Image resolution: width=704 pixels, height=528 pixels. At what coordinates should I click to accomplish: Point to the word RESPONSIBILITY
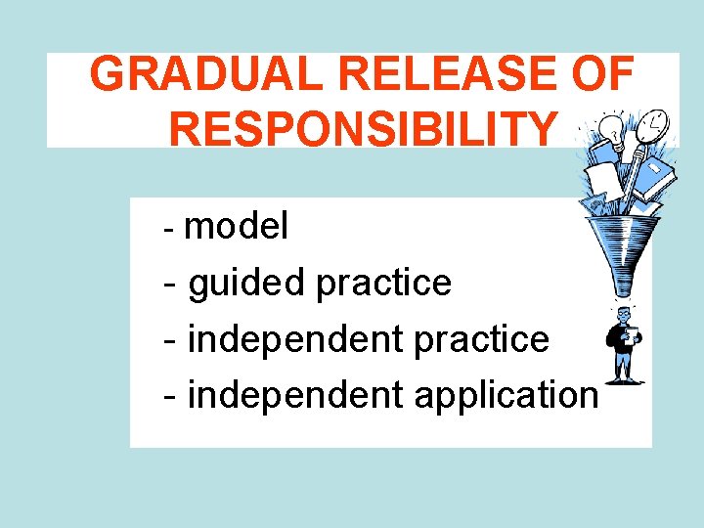tap(363, 127)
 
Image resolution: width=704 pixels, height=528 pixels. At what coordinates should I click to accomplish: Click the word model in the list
tap(236, 227)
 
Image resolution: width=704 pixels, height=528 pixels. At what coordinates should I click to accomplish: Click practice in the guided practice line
tap(383, 284)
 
